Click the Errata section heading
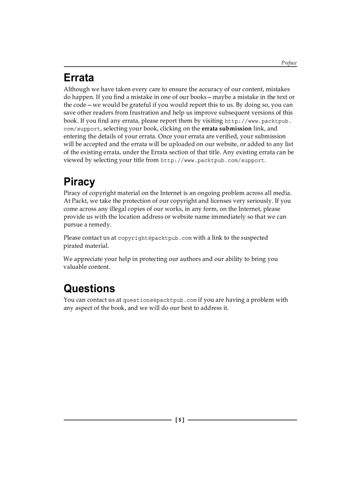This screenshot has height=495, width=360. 79,78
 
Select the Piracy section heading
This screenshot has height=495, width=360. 79,182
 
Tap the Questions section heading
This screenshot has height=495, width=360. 89,288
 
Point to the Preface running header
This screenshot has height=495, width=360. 289,63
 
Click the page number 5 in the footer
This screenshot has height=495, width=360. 180,420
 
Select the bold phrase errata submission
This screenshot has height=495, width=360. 226,129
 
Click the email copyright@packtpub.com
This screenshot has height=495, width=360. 154,238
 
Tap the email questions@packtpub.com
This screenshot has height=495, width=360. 159,300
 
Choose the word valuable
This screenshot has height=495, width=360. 75,267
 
